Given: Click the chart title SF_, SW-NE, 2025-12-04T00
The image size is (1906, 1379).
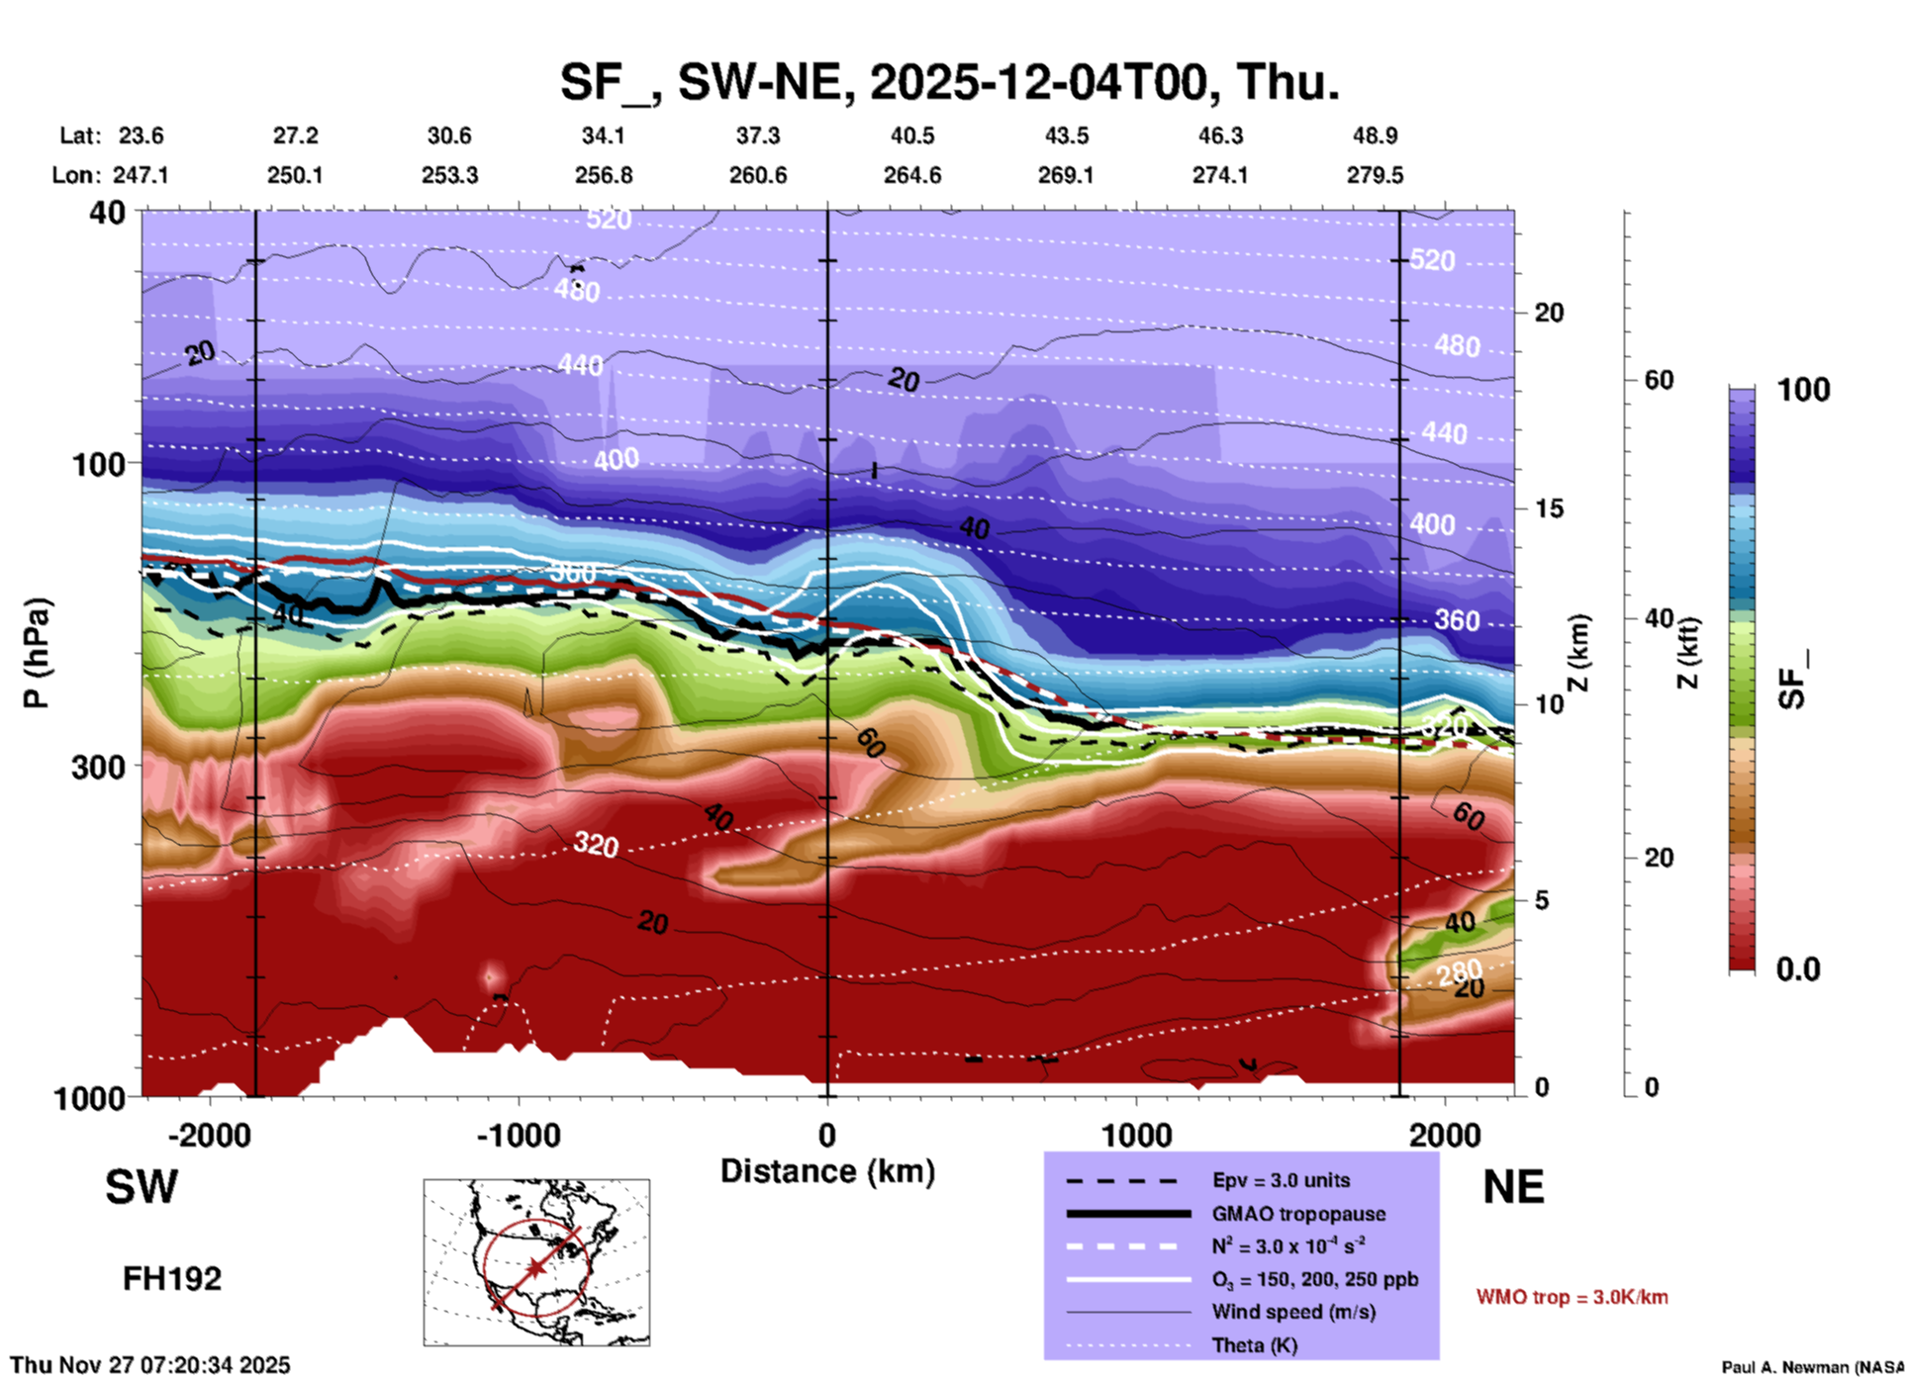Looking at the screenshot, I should click(x=949, y=81).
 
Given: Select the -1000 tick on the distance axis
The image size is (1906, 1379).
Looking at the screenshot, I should click(x=519, y=1135).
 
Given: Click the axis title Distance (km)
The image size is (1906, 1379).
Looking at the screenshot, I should click(x=827, y=1171).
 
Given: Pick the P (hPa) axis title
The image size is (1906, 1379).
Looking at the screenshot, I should click(x=37, y=653).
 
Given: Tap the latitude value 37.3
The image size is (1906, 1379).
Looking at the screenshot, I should click(x=758, y=136).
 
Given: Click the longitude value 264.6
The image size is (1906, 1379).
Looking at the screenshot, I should click(x=912, y=175).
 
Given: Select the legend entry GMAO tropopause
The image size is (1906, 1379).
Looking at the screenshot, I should click(x=1298, y=1214).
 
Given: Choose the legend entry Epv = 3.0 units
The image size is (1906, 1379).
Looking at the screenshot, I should click(x=1281, y=1180).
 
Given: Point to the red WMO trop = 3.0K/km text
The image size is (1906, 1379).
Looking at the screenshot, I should click(x=1572, y=1297).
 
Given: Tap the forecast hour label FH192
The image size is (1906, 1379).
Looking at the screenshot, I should click(x=172, y=1279).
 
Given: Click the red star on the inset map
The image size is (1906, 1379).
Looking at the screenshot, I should click(x=535, y=1267).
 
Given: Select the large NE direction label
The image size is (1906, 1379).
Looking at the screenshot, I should click(x=1513, y=1187).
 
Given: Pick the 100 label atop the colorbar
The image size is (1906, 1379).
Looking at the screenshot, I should click(x=1803, y=390).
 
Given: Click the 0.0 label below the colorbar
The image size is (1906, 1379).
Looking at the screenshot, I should click(x=1797, y=968).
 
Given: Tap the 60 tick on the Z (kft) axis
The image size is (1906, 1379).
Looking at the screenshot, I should click(x=1659, y=380).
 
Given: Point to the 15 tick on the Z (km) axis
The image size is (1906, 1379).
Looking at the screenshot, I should click(x=1549, y=508).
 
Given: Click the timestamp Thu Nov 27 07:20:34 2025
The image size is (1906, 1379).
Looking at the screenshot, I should click(x=150, y=1365).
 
